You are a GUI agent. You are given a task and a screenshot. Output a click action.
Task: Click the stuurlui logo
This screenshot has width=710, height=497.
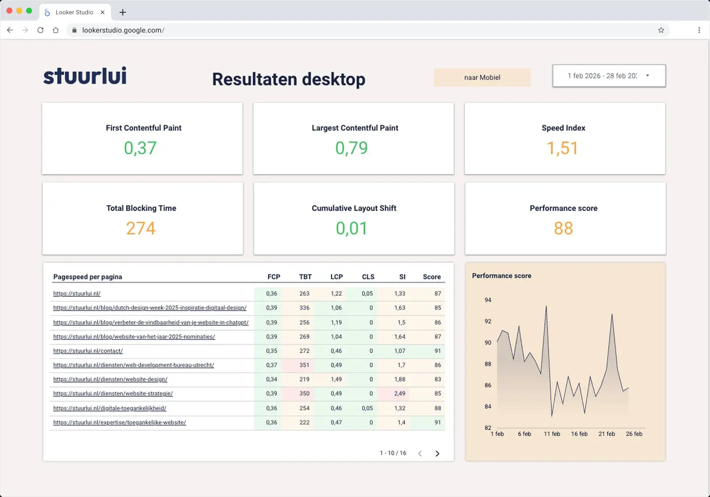(85, 76)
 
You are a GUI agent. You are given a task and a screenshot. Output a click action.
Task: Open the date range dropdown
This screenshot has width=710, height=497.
(608, 76)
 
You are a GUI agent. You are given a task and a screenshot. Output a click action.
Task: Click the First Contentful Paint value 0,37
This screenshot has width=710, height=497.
(140, 148)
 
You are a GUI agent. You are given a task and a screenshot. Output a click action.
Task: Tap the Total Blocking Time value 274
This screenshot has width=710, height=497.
(141, 228)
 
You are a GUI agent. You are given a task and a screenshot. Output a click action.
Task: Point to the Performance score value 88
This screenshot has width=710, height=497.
(563, 228)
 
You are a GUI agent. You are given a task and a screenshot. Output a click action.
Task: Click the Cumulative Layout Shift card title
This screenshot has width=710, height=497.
(354, 208)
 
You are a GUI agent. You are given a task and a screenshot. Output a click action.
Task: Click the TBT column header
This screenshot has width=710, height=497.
(305, 277)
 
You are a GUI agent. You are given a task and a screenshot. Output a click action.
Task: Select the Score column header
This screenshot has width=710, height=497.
(431, 277)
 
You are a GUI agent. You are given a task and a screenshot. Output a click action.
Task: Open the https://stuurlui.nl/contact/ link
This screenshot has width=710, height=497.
(88, 351)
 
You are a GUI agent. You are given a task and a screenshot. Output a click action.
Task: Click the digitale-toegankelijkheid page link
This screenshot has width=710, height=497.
(109, 408)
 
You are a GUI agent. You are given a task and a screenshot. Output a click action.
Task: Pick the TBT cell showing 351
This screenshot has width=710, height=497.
(304, 365)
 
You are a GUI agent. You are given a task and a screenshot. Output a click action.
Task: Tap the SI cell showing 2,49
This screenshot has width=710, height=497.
(399, 393)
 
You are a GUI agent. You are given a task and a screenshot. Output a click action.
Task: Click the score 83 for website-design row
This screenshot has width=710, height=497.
(437, 380)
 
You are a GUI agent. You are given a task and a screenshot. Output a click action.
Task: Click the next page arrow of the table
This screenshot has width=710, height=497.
(437, 454)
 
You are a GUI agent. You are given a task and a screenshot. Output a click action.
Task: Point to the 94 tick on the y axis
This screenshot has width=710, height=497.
(488, 300)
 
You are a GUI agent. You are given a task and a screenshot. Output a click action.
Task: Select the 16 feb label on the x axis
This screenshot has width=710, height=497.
(579, 434)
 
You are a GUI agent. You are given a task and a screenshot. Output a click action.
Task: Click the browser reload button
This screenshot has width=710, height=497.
(40, 30)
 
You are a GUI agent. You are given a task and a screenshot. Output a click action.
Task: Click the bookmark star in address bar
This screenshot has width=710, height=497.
(661, 30)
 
